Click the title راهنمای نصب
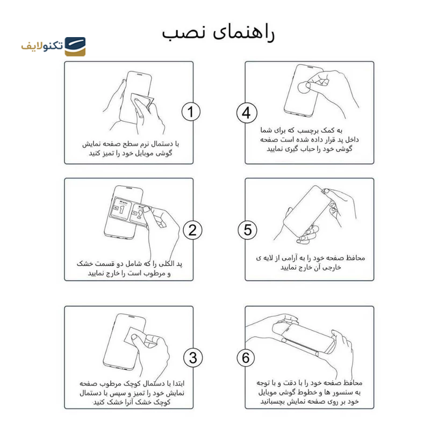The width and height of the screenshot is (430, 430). pos(218,33)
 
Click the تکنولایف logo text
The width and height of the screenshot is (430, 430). pos(42,46)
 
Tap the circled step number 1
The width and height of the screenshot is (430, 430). pos(191,112)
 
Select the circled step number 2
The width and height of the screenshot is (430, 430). pos(192,230)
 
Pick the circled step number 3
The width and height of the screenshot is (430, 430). pos(192,357)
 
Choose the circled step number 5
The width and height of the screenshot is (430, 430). pos(247,230)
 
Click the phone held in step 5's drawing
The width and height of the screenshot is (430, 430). pos(304,212)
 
